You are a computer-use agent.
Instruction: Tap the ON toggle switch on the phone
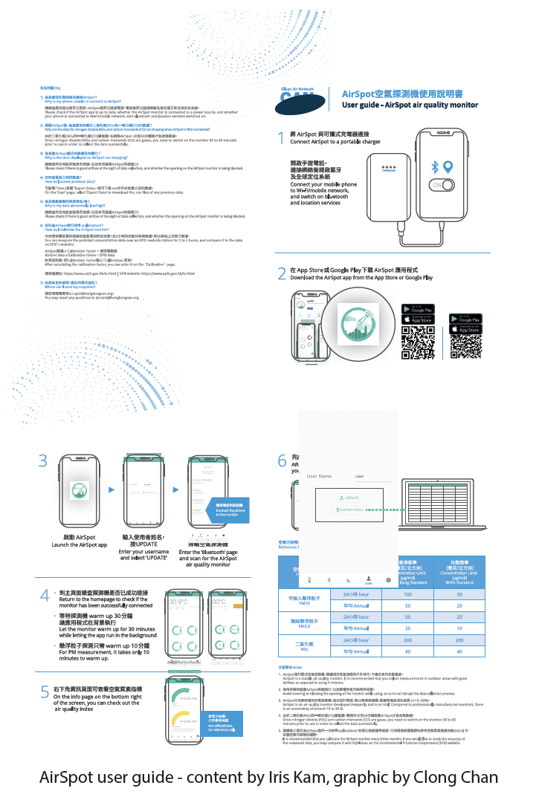tap(446, 184)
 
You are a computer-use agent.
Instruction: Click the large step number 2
tap(282, 273)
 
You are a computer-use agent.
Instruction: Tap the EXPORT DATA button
tap(350, 510)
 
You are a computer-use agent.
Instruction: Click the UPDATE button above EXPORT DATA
tap(350, 498)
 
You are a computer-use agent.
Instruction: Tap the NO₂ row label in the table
tap(304, 645)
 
